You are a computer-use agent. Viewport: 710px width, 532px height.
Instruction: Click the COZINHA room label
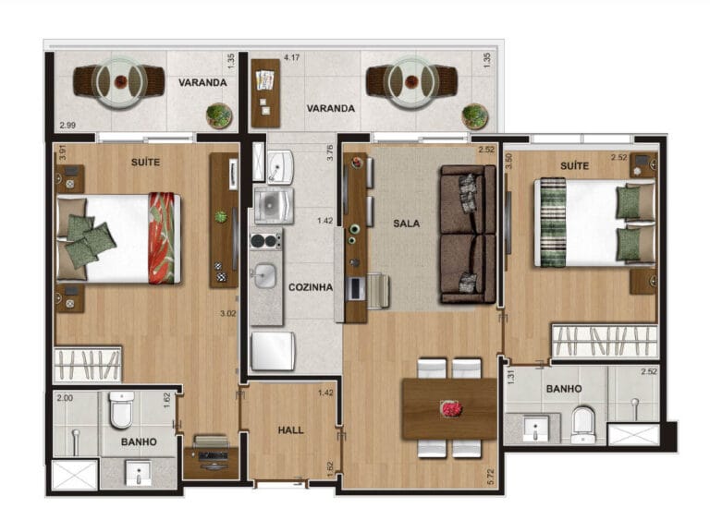(x=311, y=287)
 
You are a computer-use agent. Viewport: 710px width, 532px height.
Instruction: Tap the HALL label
(x=290, y=430)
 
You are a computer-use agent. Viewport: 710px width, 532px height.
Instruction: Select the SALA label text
(x=406, y=224)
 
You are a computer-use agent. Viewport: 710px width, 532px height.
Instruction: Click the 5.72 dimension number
(x=491, y=478)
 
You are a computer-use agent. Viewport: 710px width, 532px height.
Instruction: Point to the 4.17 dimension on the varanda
(x=291, y=58)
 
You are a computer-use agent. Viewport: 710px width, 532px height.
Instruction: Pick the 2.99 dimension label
(x=67, y=126)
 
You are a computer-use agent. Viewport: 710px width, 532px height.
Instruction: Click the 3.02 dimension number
(x=227, y=313)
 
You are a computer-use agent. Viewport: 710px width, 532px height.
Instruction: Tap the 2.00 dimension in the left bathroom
(x=65, y=398)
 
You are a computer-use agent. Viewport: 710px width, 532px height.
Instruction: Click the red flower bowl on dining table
(x=451, y=409)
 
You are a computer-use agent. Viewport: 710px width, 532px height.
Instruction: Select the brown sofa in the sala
(x=468, y=234)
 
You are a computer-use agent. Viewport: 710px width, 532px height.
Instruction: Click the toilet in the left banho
(x=122, y=410)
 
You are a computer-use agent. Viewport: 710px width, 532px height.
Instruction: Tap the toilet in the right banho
(x=583, y=425)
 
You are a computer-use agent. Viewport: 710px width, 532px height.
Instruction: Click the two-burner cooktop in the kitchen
(x=266, y=241)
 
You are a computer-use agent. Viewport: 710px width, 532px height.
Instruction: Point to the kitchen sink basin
(x=264, y=275)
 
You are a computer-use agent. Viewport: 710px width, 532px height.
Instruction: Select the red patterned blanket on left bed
(x=162, y=238)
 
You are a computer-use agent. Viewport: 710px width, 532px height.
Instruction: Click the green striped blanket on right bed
(x=553, y=222)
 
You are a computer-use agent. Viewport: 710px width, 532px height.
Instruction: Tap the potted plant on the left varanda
(x=220, y=115)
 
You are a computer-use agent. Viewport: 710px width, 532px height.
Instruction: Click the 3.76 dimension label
(x=330, y=153)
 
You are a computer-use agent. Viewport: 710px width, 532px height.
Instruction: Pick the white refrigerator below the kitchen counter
(x=273, y=351)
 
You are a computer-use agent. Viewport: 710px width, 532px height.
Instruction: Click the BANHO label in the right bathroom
(x=564, y=389)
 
